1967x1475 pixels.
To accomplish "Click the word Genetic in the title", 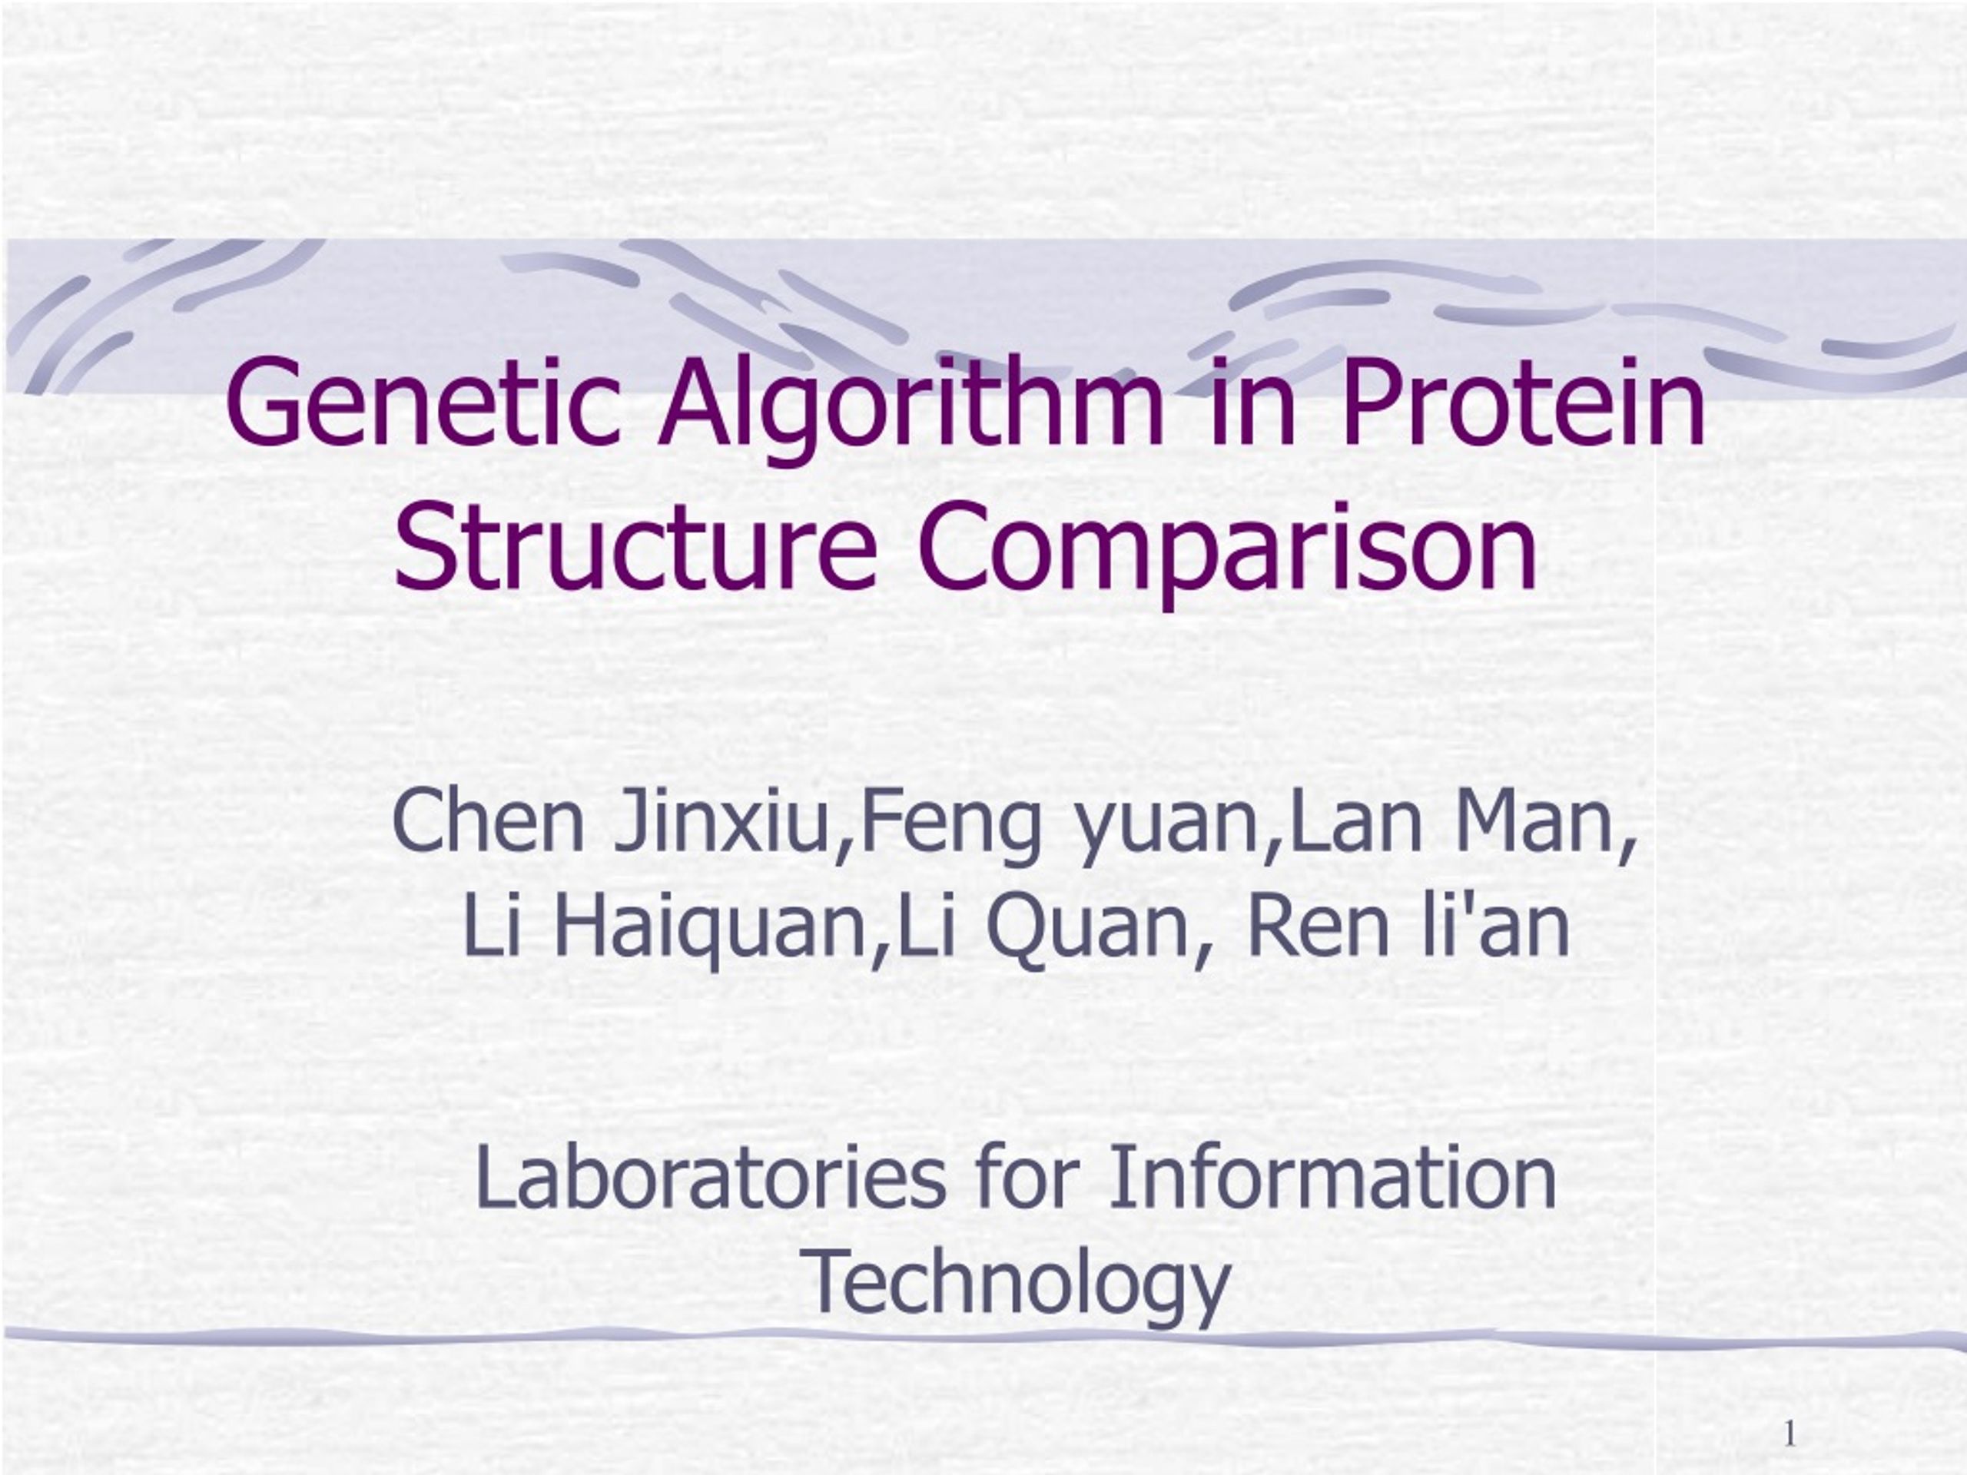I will pyautogui.click(x=423, y=402).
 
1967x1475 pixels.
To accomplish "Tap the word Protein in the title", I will pyautogui.click(x=1522, y=402).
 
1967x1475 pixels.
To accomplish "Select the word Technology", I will pyautogui.click(x=1019, y=1282).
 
